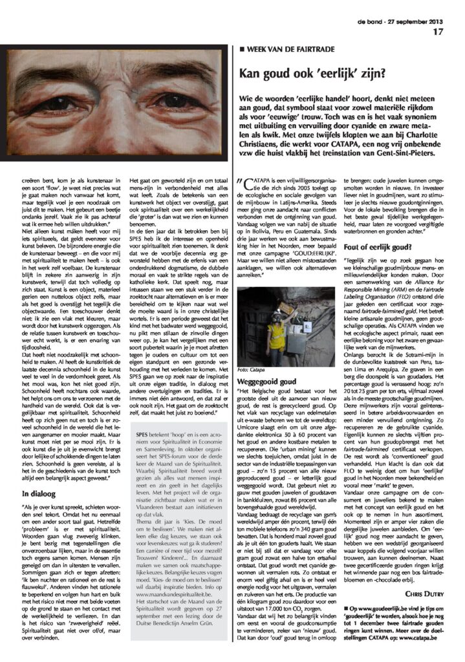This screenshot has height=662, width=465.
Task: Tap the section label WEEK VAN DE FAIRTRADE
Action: tap(288, 49)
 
